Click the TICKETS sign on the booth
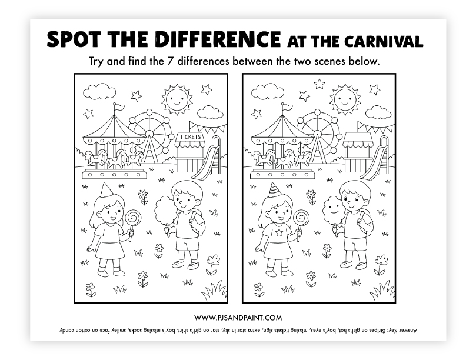(190, 137)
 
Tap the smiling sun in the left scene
(177, 99)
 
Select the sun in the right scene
(345, 99)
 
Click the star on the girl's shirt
(279, 232)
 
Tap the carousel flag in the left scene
(118, 108)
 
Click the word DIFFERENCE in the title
(218, 39)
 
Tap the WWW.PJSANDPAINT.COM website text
(238, 318)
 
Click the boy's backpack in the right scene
(366, 222)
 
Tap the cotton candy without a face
(165, 211)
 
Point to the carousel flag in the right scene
(286, 108)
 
